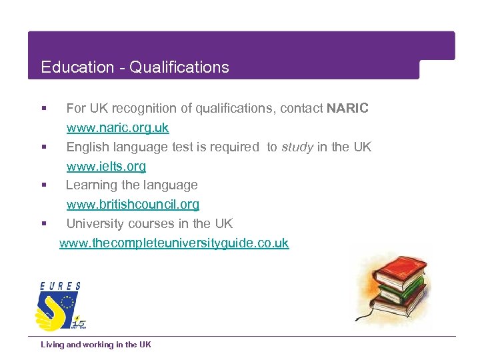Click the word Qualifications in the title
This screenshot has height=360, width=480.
179,67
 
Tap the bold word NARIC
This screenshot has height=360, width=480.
347,108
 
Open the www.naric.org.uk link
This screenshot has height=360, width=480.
117,127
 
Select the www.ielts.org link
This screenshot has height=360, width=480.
106,166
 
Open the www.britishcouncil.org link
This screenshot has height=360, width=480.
133,204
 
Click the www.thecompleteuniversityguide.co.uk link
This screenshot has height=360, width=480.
174,243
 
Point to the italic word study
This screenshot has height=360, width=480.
297,147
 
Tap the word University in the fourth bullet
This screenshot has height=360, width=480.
94,223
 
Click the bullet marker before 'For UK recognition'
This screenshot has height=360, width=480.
43,108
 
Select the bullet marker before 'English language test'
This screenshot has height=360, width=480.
43,147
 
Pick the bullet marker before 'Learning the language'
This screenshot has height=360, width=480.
43,185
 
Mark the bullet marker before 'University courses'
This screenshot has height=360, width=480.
43,223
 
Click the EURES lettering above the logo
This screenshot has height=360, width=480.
60,286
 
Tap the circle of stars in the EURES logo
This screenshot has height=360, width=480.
66,303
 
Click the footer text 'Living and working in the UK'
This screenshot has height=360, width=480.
96,345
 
